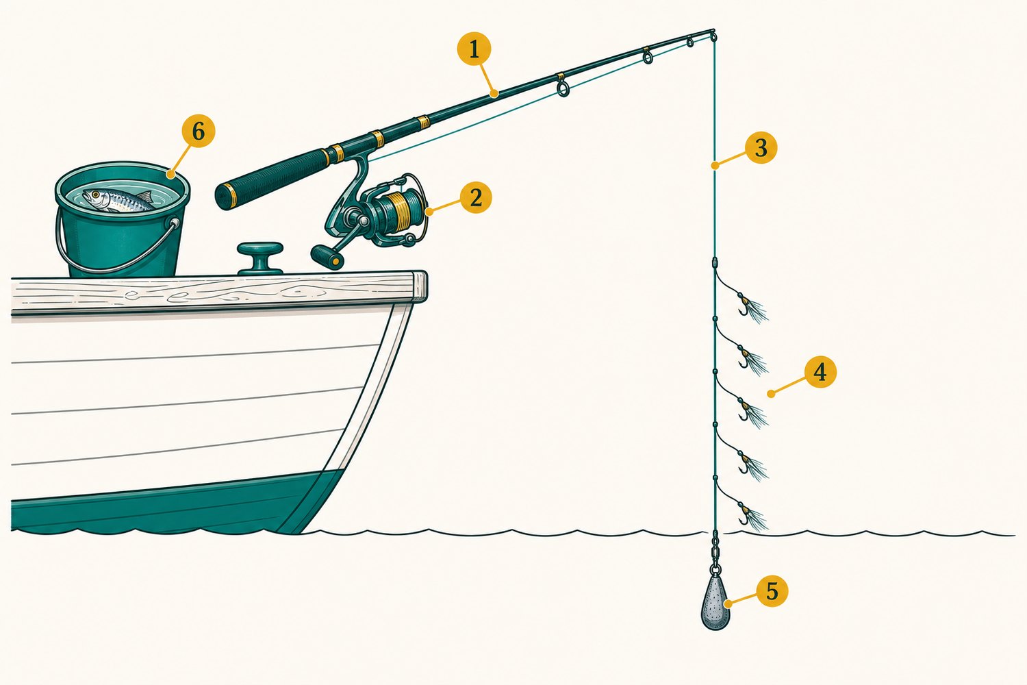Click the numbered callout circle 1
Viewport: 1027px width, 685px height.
474,49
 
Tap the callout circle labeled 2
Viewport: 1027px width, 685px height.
476,198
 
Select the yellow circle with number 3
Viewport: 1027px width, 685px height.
761,148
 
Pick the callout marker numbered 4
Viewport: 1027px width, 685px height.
820,371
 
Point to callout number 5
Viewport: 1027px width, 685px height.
772,590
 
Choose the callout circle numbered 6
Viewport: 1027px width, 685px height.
198,132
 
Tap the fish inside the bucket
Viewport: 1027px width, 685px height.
118,201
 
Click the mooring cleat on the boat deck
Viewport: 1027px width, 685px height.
260,258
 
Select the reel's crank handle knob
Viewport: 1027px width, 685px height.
327,256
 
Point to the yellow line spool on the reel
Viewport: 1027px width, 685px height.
397,211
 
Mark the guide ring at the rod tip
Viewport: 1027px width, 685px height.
713,36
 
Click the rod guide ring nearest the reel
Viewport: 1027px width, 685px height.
563,88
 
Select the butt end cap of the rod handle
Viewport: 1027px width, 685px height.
225,197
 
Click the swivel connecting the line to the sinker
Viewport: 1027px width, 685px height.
715,551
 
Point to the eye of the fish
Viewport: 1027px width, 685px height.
95,195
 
